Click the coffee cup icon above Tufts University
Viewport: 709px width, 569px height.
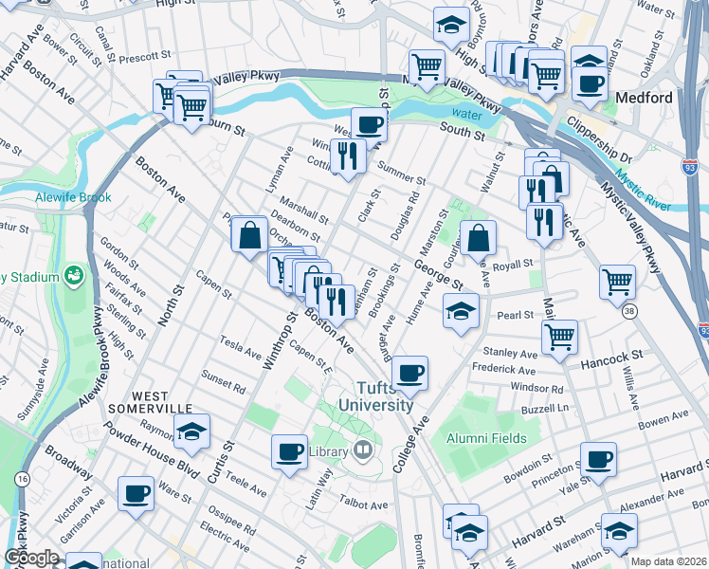point(409,372)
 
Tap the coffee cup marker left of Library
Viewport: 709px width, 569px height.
point(289,451)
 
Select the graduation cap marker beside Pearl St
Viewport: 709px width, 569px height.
point(460,310)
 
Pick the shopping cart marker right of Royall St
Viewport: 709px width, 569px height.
point(617,280)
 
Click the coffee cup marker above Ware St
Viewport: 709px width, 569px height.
point(136,492)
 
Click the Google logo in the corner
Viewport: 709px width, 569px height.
point(31,557)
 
